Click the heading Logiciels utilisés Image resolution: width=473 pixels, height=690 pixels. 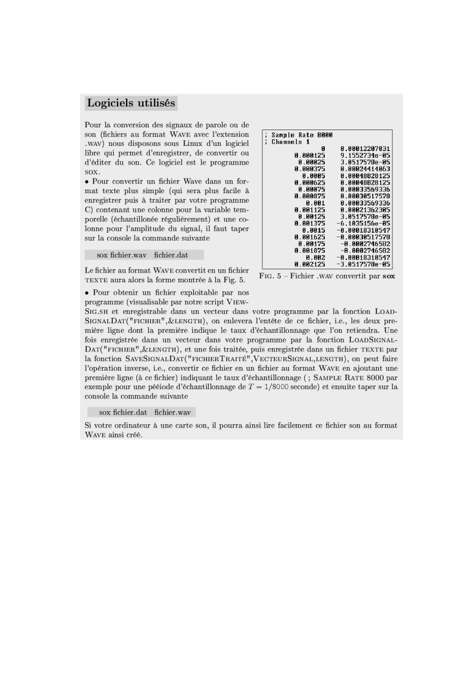[131, 103]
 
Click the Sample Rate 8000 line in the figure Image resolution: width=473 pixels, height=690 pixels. [302, 135]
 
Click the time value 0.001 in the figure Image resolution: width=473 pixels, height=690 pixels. [315, 203]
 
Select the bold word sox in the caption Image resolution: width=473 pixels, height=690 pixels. [389, 277]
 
